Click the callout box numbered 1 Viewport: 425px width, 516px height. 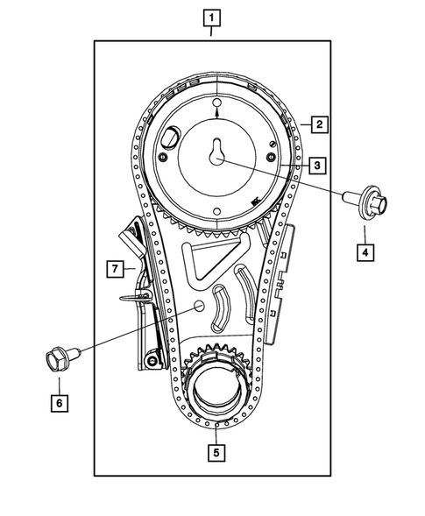point(211,16)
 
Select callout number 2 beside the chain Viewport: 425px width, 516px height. point(320,124)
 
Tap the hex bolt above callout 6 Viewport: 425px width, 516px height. point(58,358)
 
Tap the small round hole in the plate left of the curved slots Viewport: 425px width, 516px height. point(198,307)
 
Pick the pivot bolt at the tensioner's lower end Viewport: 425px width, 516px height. point(153,361)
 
